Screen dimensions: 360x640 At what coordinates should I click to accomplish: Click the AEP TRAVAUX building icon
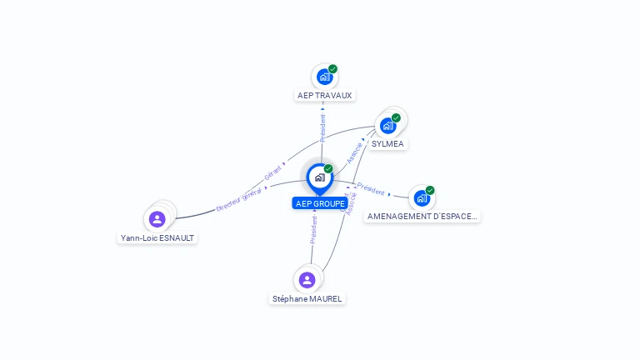tap(324, 77)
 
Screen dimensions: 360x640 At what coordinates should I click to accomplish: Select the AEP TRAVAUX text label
tap(325, 95)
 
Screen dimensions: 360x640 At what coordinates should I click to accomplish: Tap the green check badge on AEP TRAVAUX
tap(332, 69)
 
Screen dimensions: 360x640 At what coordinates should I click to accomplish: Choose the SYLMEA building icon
tap(387, 126)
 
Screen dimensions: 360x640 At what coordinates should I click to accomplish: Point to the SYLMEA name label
tap(387, 143)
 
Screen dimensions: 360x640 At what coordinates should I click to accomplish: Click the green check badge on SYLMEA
tap(396, 117)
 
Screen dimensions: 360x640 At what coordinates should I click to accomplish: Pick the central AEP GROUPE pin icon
tap(319, 177)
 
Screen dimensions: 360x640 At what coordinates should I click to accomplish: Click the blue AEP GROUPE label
tap(320, 203)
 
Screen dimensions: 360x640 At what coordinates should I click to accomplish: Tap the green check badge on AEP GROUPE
tap(328, 168)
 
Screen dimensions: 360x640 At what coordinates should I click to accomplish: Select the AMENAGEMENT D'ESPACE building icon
tap(422, 198)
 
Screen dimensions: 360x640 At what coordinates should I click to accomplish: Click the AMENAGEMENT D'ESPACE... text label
tap(422, 216)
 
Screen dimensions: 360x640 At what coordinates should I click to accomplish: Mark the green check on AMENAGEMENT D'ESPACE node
tap(430, 190)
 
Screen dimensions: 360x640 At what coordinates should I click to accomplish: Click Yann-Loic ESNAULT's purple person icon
tap(157, 219)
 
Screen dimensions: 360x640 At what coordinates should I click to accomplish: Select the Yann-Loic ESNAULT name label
tap(158, 237)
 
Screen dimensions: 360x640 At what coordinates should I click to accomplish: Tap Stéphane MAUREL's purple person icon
tap(307, 280)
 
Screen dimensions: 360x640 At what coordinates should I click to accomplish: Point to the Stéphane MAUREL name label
tap(307, 298)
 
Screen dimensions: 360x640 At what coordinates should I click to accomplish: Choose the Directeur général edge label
tap(239, 198)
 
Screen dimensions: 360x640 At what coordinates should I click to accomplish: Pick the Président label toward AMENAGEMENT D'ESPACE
tap(371, 189)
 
